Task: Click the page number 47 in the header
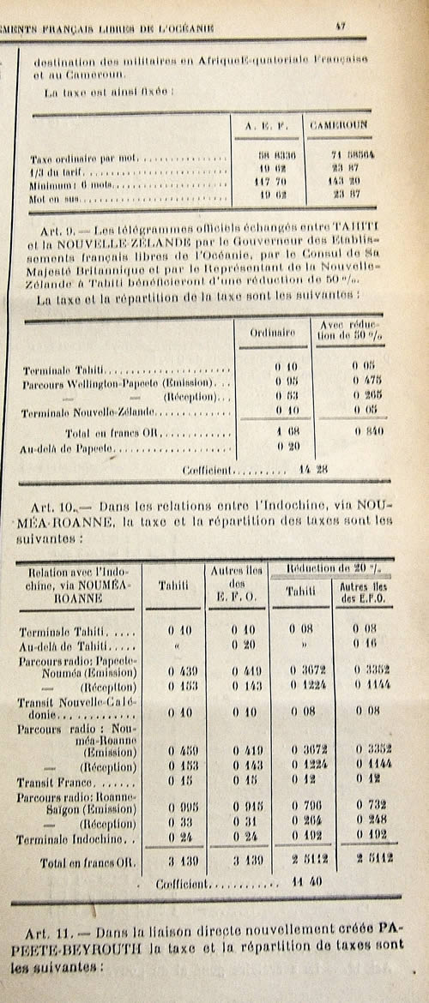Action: [x=341, y=28]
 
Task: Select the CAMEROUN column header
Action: [x=337, y=126]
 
